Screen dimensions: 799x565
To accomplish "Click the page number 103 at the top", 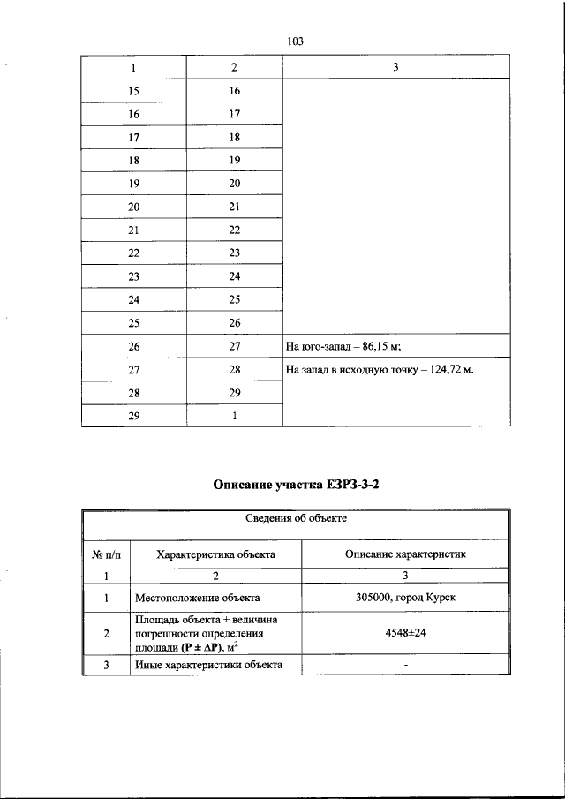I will [295, 41].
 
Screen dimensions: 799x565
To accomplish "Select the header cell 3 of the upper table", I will [395, 67].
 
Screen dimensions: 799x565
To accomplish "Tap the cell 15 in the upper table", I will [133, 91].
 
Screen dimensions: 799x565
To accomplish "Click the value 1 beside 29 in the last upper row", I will [234, 416].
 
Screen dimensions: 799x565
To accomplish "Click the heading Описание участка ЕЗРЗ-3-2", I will [295, 485].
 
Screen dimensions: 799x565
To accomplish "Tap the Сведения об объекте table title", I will [295, 519].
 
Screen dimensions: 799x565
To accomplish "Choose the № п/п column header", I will [106, 554].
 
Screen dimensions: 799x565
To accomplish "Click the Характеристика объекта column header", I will [215, 554].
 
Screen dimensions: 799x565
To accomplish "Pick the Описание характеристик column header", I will [405, 554].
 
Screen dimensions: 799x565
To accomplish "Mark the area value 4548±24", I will [405, 633].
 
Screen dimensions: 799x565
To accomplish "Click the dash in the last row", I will [405, 665].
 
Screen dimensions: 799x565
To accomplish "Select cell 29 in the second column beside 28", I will [234, 392].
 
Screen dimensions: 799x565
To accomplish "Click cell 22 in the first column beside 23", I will [133, 253].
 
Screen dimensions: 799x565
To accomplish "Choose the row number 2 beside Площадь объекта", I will [106, 633].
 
